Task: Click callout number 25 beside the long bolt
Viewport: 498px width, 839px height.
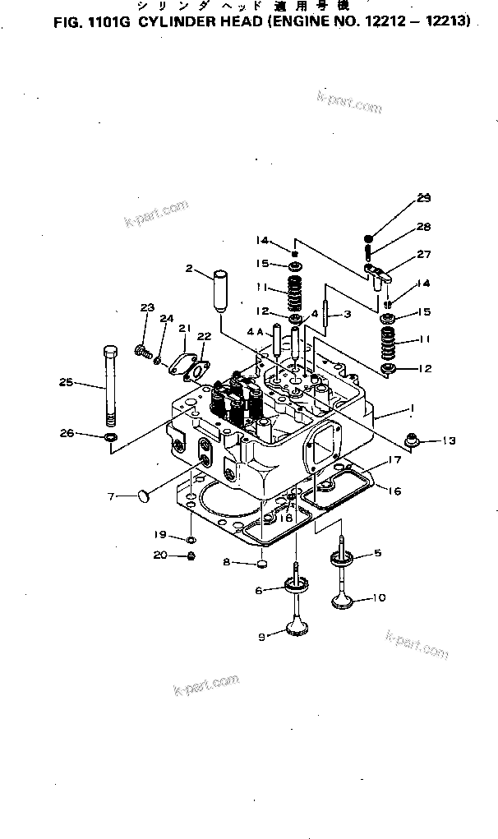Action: click(66, 381)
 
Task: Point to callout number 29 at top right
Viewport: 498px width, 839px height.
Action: click(423, 197)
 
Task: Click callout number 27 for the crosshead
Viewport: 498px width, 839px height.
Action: click(423, 254)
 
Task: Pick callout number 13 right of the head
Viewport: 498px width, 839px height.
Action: click(448, 440)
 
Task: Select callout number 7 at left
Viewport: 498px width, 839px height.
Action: click(108, 496)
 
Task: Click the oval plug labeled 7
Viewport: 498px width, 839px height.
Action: click(144, 496)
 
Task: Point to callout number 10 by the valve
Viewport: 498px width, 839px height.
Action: click(378, 598)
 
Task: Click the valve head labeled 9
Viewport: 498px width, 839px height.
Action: click(297, 630)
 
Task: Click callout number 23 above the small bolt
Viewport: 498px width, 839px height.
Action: click(146, 307)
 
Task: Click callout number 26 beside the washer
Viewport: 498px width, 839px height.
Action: click(67, 432)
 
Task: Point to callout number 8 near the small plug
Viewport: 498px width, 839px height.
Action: click(226, 562)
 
